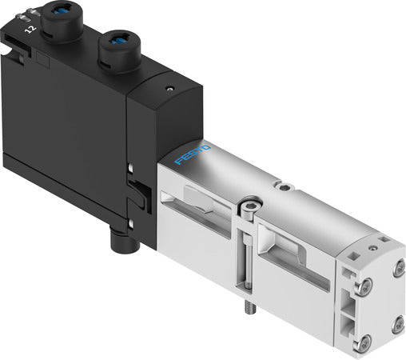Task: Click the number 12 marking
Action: pyautogui.click(x=31, y=29)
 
